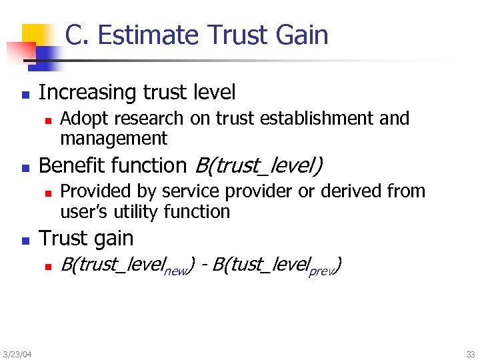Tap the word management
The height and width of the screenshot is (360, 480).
113,139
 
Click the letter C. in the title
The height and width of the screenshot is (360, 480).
77,35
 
